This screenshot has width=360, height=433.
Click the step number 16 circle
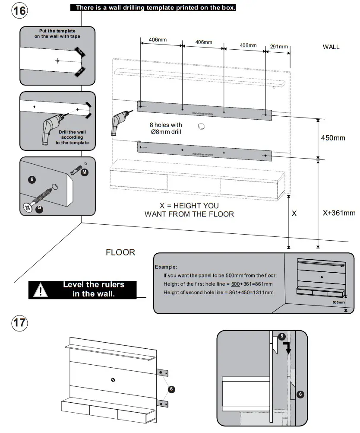tap(19, 11)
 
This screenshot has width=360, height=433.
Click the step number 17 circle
tap(19, 323)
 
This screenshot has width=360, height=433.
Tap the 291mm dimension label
tap(279, 47)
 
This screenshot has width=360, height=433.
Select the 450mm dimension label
tap(333, 138)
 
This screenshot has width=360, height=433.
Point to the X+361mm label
tap(339, 213)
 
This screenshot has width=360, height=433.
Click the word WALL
tap(331, 47)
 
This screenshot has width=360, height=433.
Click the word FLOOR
tap(120, 252)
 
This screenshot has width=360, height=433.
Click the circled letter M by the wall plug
tap(84, 172)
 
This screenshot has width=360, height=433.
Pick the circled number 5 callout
tap(281, 336)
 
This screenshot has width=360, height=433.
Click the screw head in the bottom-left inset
tap(27, 207)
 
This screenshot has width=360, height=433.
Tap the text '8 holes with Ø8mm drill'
tap(166, 128)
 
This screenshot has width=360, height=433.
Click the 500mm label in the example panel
tap(339, 302)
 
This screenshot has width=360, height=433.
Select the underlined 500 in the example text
tap(235, 284)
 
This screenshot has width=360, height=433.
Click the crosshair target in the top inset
tap(57, 60)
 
